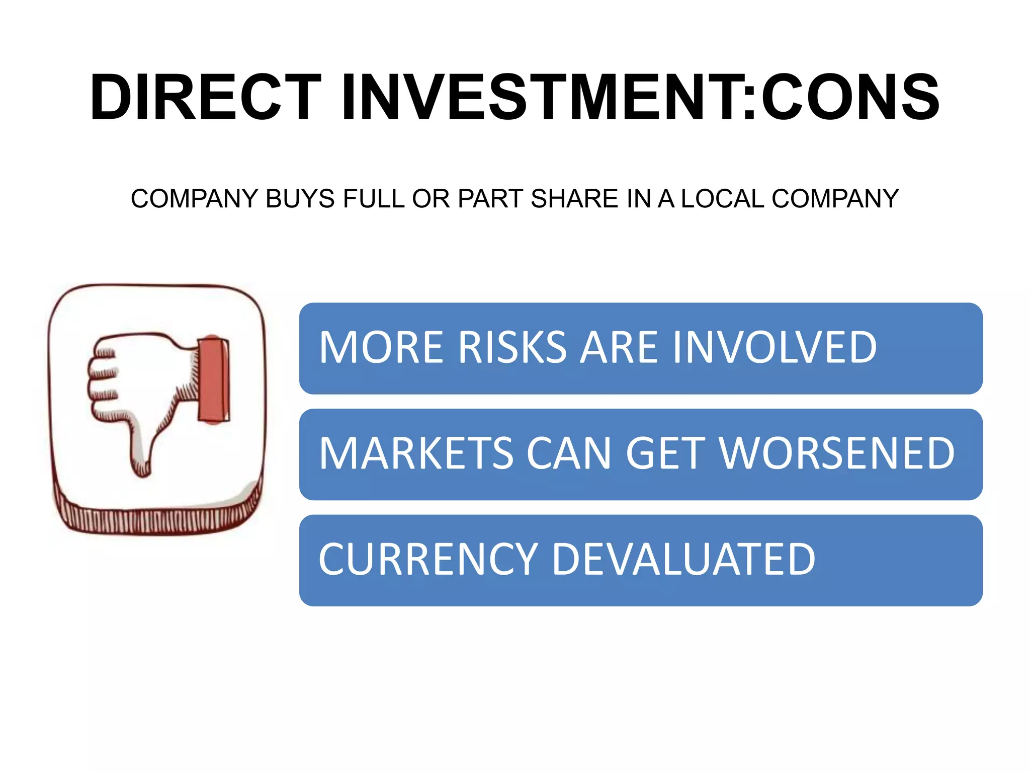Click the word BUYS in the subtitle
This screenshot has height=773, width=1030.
(x=300, y=199)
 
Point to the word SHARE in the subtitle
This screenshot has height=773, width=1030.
(x=574, y=199)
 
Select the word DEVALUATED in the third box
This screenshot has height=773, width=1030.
(x=683, y=559)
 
